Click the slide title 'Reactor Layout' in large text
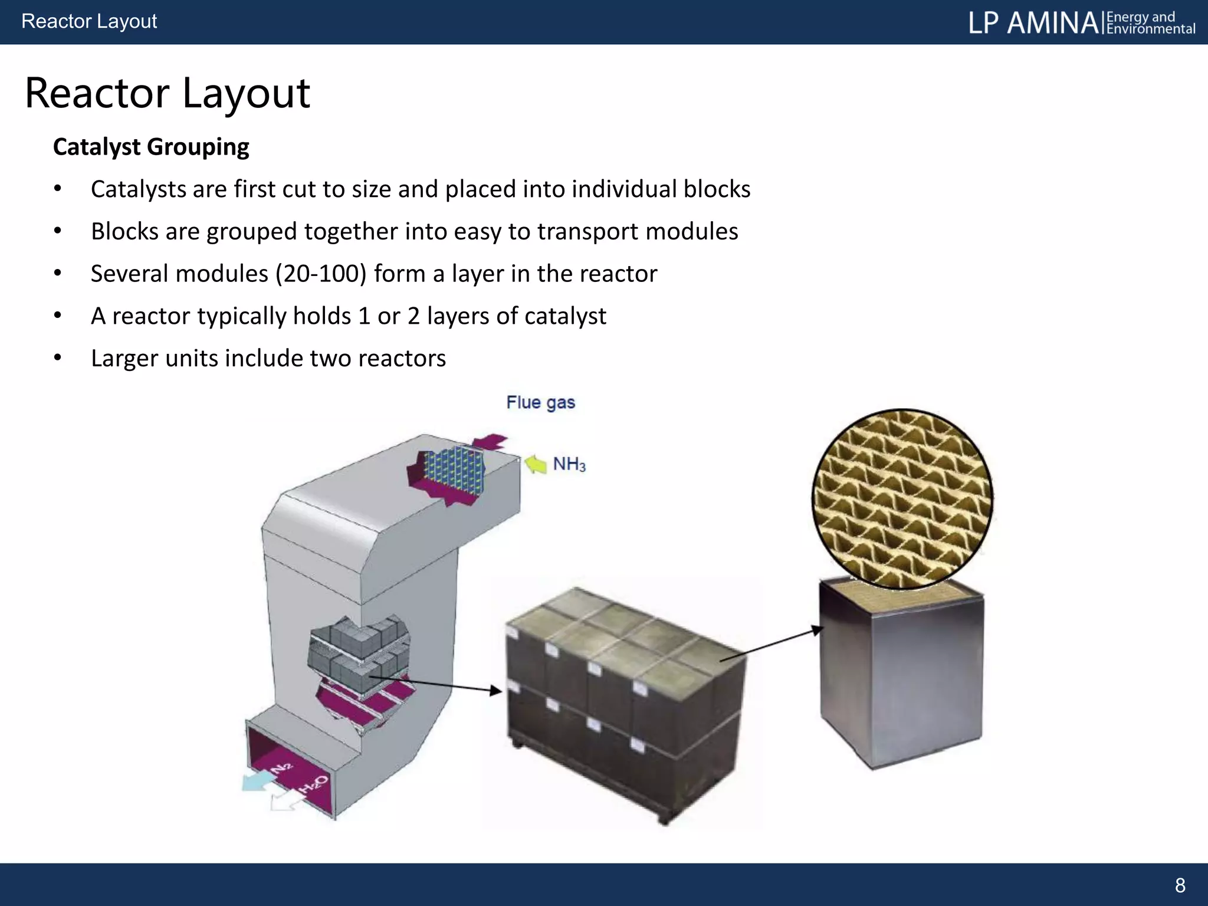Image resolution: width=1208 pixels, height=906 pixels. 167,93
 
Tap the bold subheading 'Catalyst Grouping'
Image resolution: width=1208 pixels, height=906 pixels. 151,147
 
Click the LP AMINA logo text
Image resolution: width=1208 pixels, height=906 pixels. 1033,23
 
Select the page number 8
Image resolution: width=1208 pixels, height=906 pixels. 1180,885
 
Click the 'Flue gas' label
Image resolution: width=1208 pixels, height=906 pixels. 540,402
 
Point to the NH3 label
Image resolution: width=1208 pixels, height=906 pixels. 569,465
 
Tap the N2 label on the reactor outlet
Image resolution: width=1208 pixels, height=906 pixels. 281,768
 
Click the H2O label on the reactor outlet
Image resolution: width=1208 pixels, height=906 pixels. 313,785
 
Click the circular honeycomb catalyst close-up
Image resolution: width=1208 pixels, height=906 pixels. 902,498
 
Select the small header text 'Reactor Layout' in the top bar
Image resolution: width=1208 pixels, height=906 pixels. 89,21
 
